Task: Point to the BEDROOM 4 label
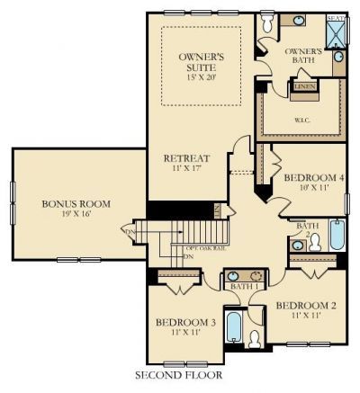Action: tap(313, 178)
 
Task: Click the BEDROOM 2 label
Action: tap(306, 305)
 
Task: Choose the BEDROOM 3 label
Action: tap(185, 322)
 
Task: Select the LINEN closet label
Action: tap(303, 87)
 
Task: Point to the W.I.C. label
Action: tap(301, 118)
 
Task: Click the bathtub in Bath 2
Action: tap(337, 236)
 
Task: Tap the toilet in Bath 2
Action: tap(313, 241)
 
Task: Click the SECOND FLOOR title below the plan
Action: tap(177, 374)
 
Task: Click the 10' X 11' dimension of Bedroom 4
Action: tap(313, 189)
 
